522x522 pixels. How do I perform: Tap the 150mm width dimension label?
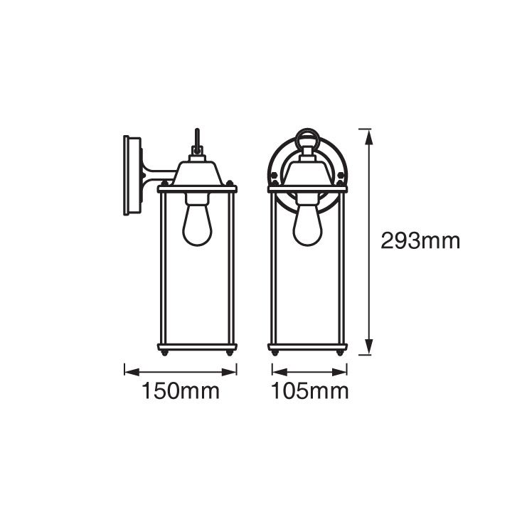point(181,391)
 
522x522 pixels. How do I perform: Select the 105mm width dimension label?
point(310,391)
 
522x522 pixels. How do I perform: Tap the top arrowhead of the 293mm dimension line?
point(368,137)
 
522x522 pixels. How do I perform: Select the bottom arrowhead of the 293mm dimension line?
point(368,346)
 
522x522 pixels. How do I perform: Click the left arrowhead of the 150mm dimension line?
point(132,372)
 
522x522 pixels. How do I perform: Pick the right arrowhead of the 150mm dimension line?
point(229,372)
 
